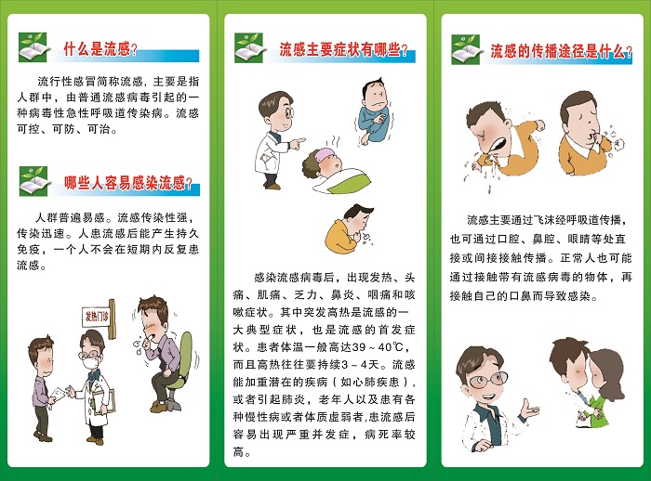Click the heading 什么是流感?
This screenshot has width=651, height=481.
(x=100, y=49)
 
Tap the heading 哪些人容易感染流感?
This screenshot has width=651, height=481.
(x=128, y=182)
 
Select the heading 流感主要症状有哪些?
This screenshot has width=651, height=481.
(x=343, y=49)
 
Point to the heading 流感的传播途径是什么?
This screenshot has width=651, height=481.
(x=562, y=51)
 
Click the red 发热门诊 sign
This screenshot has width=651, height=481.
(x=97, y=317)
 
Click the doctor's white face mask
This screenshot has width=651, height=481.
(x=89, y=363)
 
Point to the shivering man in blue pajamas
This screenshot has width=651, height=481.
(x=373, y=112)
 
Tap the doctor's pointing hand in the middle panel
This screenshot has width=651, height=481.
(x=298, y=143)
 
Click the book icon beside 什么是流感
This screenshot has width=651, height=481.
(x=34, y=47)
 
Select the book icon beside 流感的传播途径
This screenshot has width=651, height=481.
(x=467, y=49)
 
